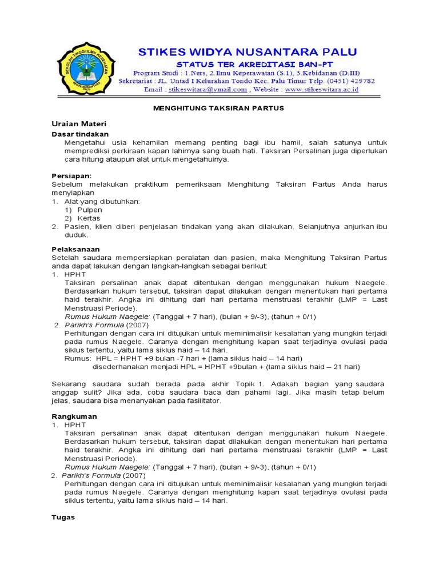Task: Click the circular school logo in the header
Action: click(x=86, y=71)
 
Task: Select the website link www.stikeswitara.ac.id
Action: click(x=322, y=90)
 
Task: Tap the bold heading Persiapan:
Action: click(x=72, y=176)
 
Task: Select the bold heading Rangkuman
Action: click(x=74, y=416)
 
